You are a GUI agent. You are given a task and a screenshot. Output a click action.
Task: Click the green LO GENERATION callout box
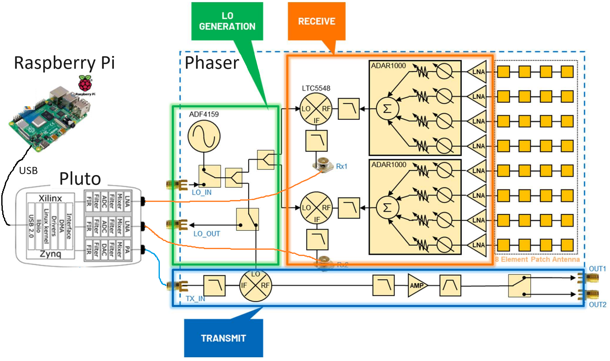[227, 21]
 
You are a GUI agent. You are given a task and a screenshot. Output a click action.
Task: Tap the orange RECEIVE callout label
[317, 21]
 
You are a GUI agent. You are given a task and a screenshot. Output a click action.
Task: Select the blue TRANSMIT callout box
[223, 338]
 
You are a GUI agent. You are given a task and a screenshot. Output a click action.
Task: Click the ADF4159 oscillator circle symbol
[204, 136]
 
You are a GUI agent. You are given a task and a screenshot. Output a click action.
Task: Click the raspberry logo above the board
[85, 83]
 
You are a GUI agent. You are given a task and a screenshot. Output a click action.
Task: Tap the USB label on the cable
[28, 171]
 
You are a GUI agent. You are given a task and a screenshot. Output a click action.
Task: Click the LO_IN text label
[201, 193]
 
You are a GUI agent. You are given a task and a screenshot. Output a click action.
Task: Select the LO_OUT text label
[206, 234]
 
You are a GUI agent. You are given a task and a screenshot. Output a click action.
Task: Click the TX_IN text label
[195, 299]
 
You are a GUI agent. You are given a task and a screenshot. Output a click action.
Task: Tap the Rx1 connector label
[342, 166]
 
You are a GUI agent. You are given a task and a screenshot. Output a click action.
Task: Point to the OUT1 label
[597, 269]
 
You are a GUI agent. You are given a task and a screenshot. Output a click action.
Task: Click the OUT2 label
[597, 305]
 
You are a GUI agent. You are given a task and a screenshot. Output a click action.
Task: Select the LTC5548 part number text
[316, 88]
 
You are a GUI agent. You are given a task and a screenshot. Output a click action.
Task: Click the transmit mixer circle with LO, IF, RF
[256, 285]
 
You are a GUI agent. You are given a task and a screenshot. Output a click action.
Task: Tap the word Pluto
[80, 179]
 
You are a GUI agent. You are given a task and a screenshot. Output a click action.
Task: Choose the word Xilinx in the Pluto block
[50, 198]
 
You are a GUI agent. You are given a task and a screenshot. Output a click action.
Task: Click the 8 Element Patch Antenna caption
[537, 259]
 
